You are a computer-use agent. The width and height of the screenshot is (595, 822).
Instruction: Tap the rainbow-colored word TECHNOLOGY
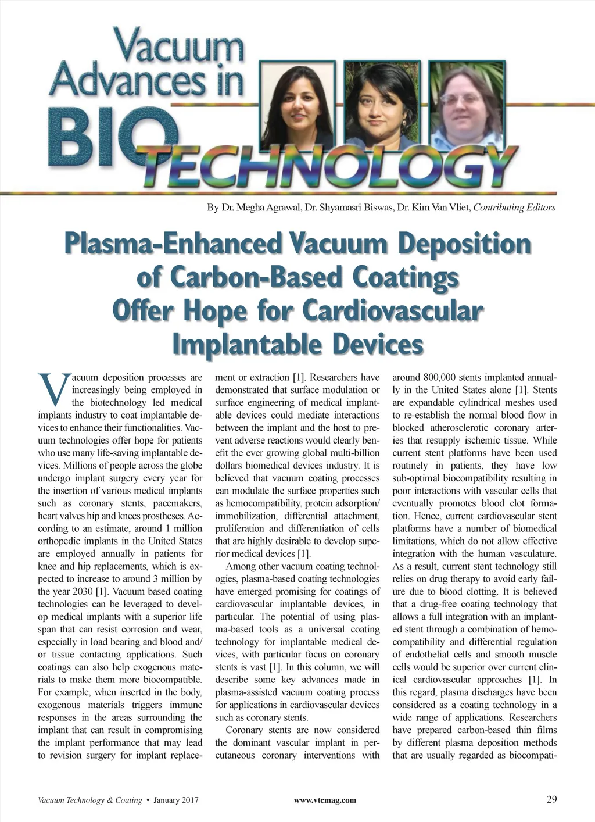(x=325, y=166)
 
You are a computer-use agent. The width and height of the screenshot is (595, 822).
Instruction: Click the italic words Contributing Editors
(x=515, y=208)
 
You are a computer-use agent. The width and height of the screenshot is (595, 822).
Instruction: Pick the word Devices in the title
(x=378, y=344)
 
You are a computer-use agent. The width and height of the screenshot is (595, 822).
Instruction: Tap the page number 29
(x=551, y=799)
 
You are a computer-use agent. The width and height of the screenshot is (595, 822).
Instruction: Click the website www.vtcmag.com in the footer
(x=325, y=800)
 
